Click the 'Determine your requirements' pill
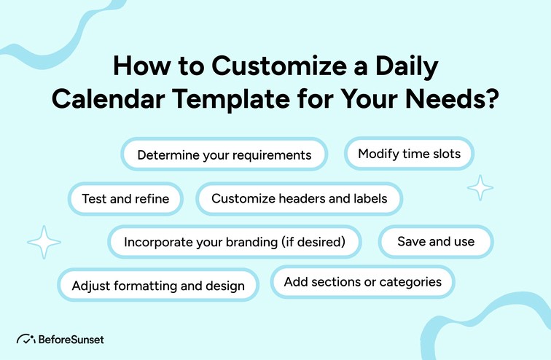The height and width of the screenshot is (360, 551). point(224,155)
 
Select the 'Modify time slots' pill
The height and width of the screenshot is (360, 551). point(408,154)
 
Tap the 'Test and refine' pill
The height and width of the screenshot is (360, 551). point(125,198)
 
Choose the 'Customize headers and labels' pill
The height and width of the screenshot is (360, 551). point(299,198)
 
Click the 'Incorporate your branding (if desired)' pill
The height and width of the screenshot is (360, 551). point(234,241)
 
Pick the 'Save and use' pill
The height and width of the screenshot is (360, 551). point(435,241)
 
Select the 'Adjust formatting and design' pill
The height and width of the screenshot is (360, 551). point(158,286)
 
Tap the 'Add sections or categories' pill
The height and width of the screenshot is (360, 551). point(362,282)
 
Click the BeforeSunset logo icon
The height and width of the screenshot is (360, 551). point(26,340)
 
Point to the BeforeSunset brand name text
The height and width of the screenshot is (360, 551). point(71,340)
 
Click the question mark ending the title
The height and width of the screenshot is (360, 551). point(492,99)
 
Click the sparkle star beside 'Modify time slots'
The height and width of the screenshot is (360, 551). point(480,188)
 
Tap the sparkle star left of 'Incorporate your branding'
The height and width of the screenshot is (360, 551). point(43,243)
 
